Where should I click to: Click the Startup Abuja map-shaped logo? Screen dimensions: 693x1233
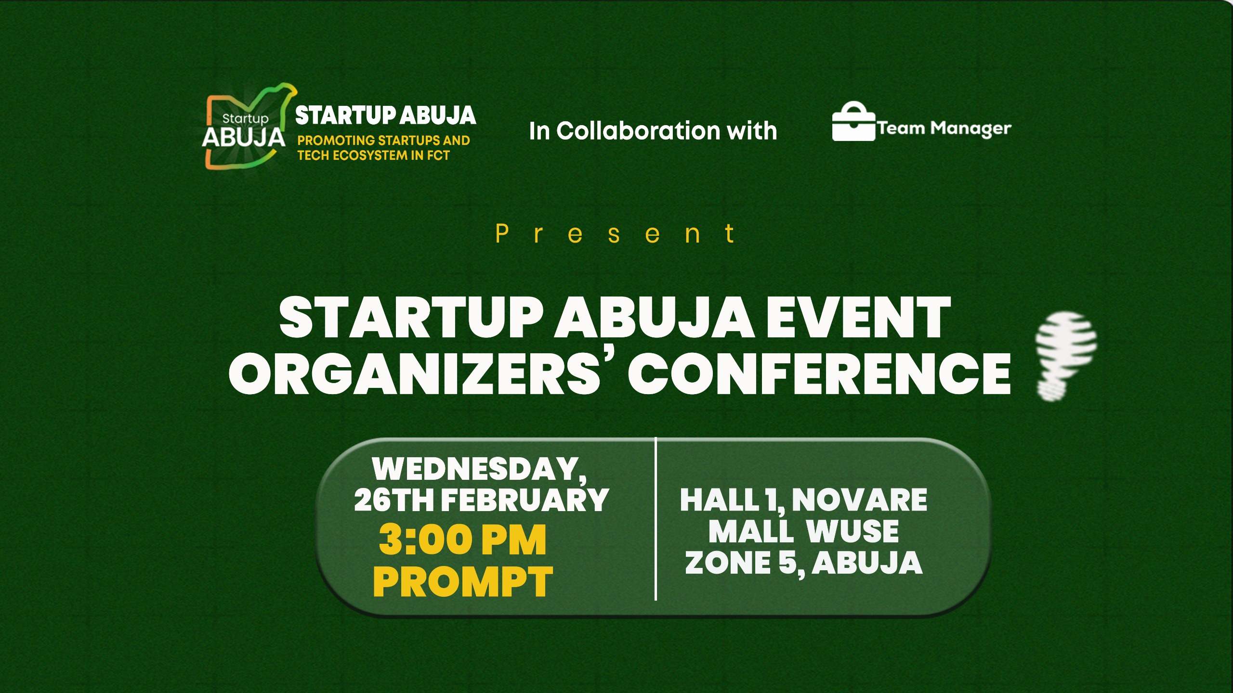(246, 128)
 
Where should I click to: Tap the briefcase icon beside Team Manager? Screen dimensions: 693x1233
(853, 122)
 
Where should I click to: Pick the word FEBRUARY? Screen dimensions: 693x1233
(525, 500)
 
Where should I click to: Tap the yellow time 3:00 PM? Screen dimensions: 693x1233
(462, 539)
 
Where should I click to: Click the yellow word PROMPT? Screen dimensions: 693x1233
(463, 581)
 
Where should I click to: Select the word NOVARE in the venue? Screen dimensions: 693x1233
(859, 500)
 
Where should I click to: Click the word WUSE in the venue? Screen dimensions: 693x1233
(852, 531)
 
